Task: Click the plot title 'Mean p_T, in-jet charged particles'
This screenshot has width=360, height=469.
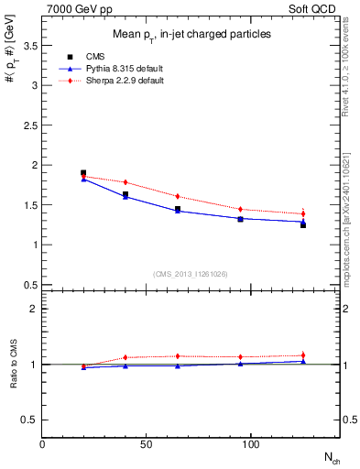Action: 191,35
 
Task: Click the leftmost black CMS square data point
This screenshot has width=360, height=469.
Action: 83,172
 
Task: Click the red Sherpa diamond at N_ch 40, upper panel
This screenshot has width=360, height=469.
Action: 125,182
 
